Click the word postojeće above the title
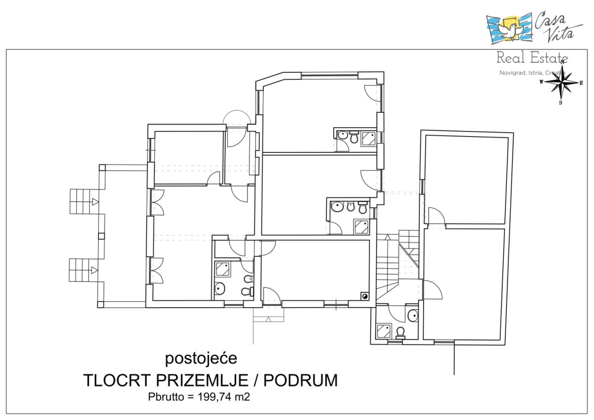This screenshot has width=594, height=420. [201, 359]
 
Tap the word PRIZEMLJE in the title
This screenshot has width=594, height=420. [202, 380]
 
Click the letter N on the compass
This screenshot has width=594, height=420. [562, 62]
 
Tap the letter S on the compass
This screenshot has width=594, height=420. [560, 103]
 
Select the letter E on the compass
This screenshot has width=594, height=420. [581, 83]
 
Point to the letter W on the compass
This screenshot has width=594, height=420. [541, 82]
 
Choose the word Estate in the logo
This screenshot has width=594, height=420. [549, 58]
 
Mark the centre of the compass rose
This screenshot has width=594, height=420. [561, 83]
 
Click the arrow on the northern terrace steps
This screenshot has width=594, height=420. [95, 202]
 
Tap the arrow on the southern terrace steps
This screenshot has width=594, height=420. [95, 270]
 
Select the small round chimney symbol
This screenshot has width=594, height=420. [365, 296]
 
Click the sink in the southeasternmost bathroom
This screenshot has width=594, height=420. [413, 315]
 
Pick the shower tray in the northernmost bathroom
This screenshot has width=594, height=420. [369, 139]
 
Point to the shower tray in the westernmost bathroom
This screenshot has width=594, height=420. [222, 269]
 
